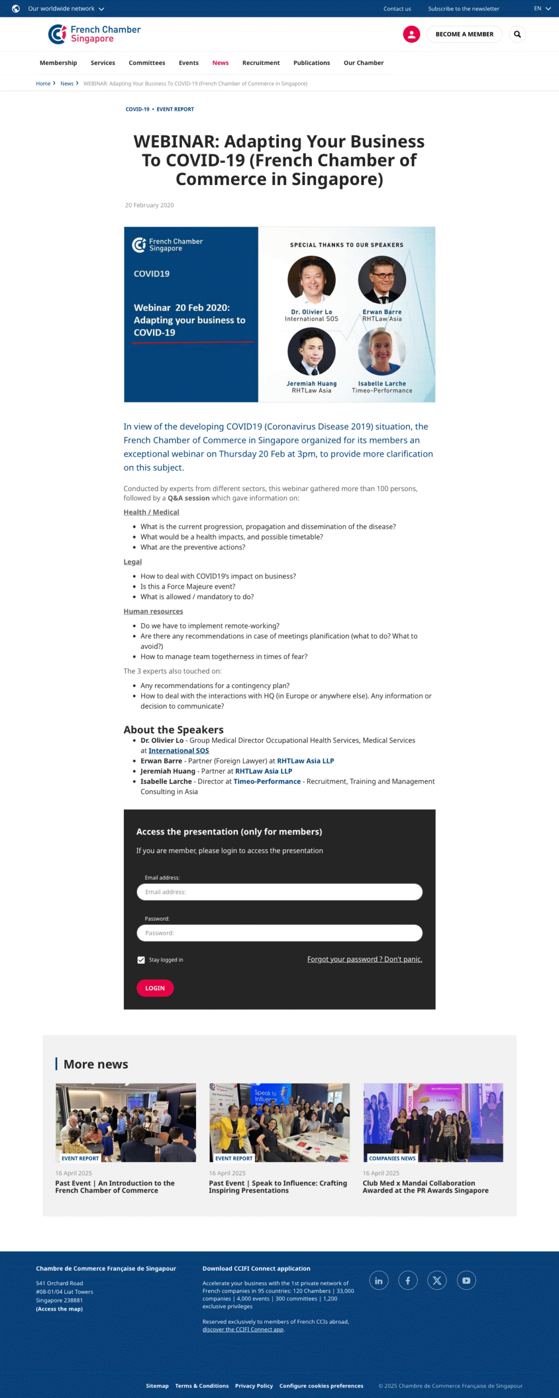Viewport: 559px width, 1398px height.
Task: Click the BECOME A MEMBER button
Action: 464,34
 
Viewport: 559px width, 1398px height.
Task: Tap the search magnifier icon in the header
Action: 517,34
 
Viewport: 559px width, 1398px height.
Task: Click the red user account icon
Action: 411,34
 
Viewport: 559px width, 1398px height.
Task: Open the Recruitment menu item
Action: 260,63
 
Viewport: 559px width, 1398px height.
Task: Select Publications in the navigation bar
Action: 311,63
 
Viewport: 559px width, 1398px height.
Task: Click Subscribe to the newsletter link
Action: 463,9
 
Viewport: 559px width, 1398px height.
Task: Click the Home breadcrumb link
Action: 43,84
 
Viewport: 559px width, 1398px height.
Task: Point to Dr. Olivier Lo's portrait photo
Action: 311,280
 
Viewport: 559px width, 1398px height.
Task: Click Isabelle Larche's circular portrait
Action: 382,351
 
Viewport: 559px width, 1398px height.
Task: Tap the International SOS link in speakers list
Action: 179,751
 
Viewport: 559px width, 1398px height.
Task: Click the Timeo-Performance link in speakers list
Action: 267,781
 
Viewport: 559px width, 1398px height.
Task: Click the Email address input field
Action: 279,892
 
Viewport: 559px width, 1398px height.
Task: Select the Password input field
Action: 279,933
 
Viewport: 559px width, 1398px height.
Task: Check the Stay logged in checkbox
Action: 141,960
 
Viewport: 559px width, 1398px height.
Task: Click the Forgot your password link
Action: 364,959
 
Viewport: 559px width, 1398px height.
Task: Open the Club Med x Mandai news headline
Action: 425,1187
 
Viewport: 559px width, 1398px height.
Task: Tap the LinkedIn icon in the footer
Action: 379,1281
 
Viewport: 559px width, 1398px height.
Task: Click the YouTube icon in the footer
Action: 466,1281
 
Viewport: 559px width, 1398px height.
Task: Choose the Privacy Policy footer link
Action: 254,1385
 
